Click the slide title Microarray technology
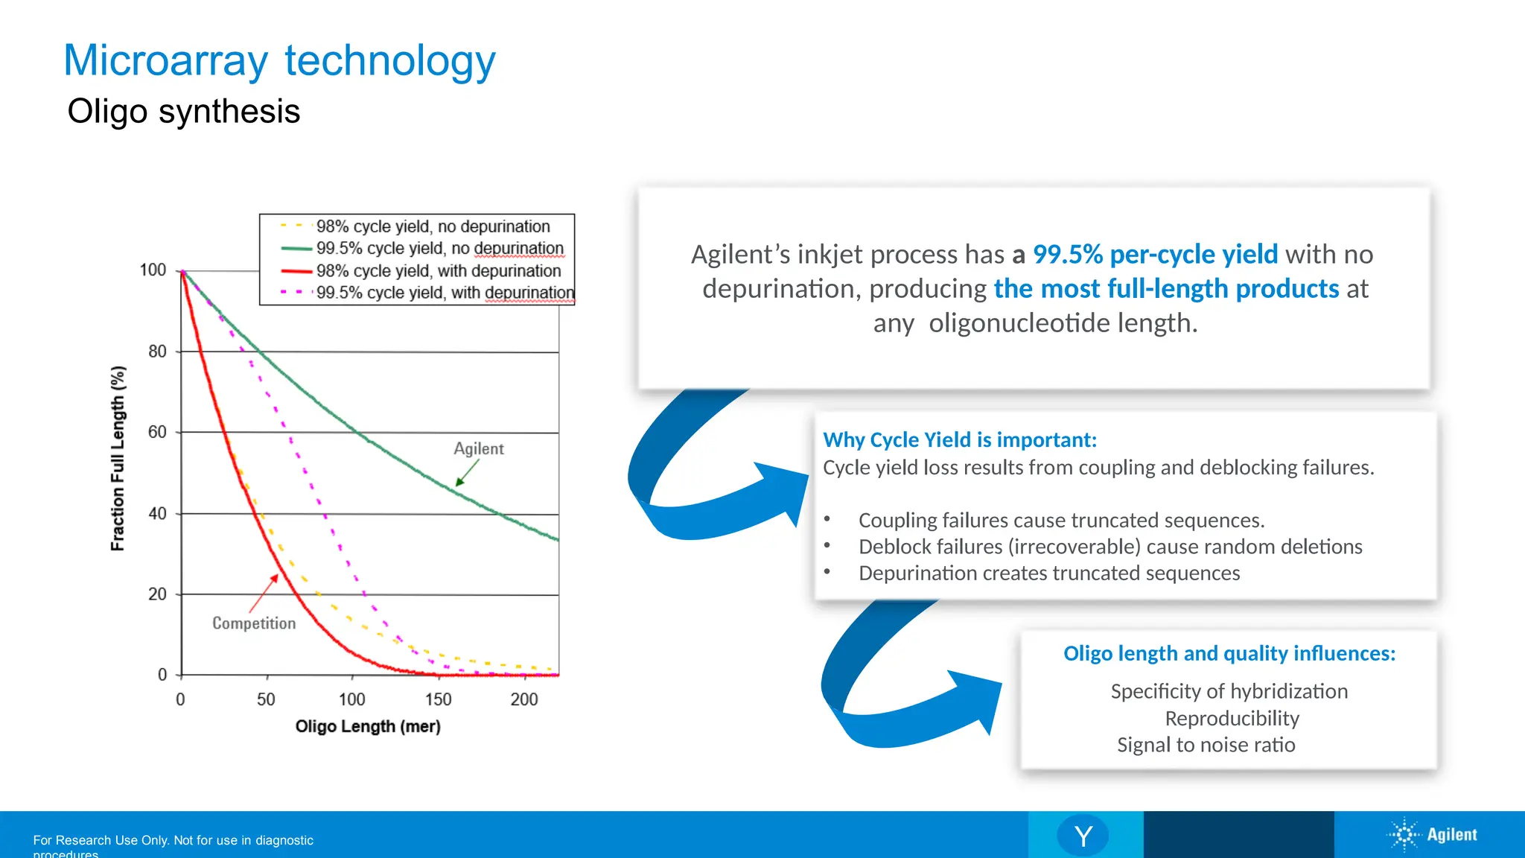pos(279,61)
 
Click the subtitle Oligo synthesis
pos(183,112)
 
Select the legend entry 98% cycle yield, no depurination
pos(432,226)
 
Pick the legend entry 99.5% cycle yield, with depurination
pos(445,293)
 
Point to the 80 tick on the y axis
pos(157,352)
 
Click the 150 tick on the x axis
pos(438,699)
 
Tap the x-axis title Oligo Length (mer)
pos(368,726)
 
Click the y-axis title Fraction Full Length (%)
pos(118,458)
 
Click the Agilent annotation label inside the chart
pos(479,448)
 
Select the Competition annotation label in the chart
pos(254,623)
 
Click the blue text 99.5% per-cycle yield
pos(1155,255)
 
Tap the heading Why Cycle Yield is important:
pos(959,440)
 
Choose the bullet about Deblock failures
pos(1109,547)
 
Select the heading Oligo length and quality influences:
pos(1229,653)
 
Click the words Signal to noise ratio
pos(1206,745)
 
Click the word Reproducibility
pos(1232,718)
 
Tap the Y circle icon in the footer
pos(1083,836)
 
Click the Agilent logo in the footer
pos(1433,835)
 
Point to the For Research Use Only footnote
pos(173,841)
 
